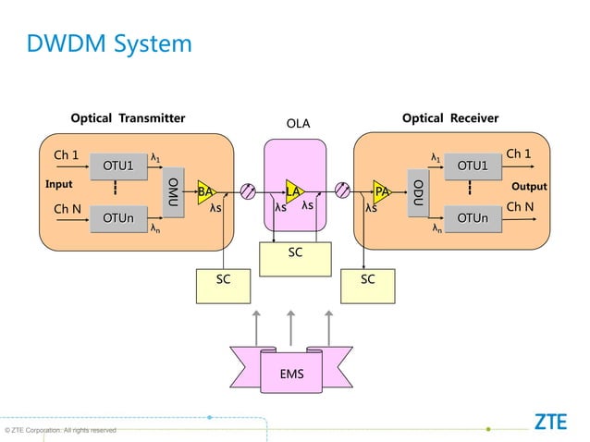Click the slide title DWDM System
[109, 43]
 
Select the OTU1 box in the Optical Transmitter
[118, 166]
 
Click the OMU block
[173, 191]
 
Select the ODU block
[418, 191]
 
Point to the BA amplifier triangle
[205, 191]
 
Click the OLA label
[298, 124]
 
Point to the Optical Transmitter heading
[129, 118]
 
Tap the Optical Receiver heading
[450, 118]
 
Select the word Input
[59, 184]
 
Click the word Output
[529, 187]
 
